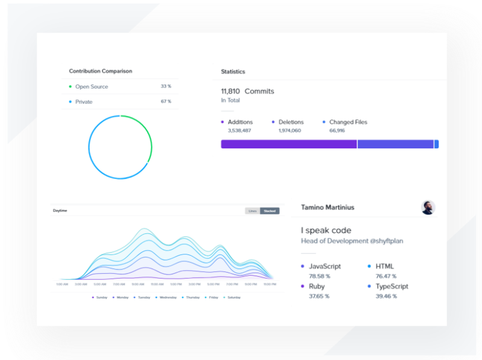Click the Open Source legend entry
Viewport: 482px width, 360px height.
coord(92,87)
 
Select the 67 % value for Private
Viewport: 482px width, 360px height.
coord(166,102)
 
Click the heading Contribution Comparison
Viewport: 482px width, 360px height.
coord(101,71)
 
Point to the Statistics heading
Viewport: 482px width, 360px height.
coord(233,72)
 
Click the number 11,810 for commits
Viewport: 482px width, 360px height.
coord(230,92)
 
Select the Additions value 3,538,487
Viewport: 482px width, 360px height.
coord(239,130)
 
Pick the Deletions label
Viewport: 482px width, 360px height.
coord(291,122)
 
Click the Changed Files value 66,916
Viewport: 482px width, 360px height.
coord(337,130)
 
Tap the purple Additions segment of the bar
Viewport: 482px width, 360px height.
coord(289,144)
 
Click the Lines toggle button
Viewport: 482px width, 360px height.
coord(252,211)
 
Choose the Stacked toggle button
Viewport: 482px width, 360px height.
coord(269,211)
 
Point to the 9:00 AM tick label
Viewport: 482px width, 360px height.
coord(137,284)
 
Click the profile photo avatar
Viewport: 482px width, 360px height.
coord(428,207)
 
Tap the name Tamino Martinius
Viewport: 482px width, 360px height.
coord(328,207)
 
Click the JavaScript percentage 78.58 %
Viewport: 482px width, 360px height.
coord(319,276)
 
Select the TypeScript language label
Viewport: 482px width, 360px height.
coord(392,286)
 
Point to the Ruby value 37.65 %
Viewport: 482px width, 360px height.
coord(319,296)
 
